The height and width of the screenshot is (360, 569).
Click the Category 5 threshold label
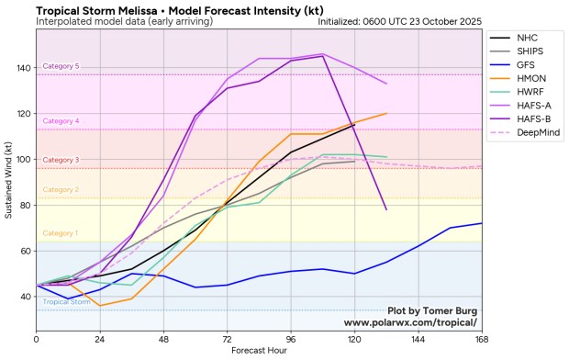pos(61,66)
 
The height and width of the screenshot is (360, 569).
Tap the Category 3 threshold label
pos(61,160)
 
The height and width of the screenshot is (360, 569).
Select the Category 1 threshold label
pos(61,233)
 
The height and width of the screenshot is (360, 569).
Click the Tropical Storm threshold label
pos(66,301)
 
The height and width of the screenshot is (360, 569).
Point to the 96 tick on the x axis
pos(290,340)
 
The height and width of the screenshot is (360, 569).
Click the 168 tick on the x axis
pos(481,340)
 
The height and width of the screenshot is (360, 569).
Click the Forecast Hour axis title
pos(259,351)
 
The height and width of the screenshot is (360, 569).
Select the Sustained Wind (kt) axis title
pos(8,178)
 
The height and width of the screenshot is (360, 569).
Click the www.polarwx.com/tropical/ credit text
pos(410,323)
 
